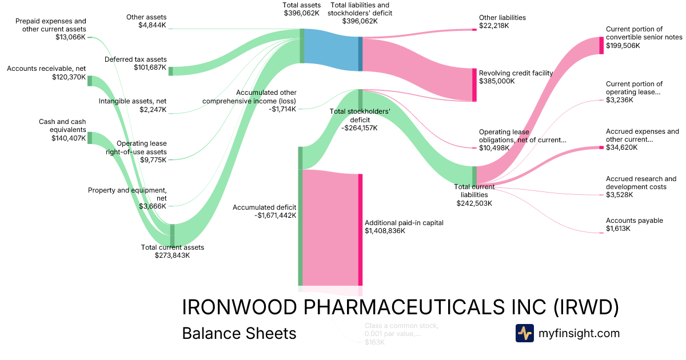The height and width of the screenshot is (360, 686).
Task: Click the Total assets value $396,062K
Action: coord(301,13)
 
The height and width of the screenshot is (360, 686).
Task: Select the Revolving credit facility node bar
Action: coord(474,85)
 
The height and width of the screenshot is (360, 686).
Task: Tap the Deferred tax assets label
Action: coord(135,59)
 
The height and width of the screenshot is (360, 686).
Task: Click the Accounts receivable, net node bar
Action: coord(90,81)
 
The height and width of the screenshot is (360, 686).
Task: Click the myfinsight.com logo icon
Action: coord(525,333)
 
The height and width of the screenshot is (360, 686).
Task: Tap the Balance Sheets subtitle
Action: coord(239,333)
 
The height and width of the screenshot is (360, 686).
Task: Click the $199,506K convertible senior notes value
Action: coord(623,45)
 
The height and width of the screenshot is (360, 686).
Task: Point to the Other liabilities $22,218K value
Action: coord(494,26)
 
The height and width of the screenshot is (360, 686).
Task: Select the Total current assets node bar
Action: coord(171,234)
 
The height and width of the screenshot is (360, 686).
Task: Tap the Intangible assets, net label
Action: coord(133,101)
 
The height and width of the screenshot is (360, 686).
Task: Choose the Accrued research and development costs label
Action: coord(641,183)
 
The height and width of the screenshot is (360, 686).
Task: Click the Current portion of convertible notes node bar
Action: coord(601,45)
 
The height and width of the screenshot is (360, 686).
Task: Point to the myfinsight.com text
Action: coord(579,333)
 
